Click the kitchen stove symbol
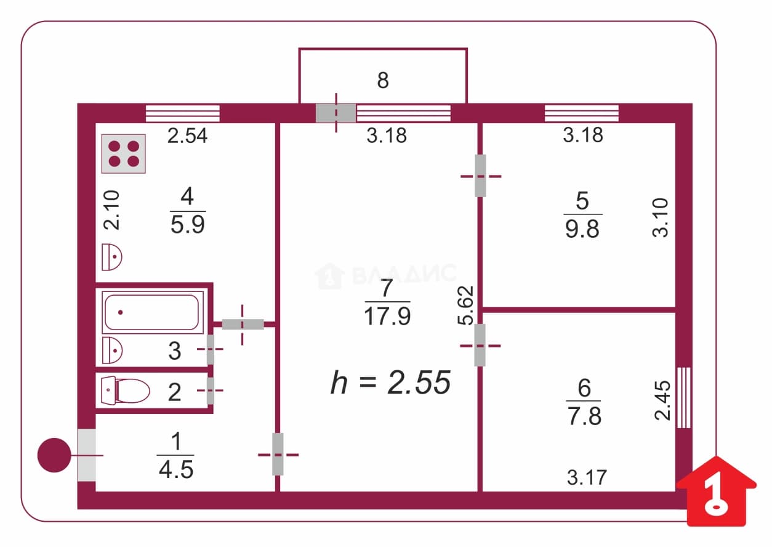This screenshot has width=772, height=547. [x=123, y=154]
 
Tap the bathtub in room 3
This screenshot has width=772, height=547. [x=152, y=312]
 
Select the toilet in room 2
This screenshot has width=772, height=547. [x=126, y=391]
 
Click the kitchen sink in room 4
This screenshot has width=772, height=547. [x=111, y=257]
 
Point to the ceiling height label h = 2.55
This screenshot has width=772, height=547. [x=390, y=382]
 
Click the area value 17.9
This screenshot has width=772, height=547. [x=387, y=316]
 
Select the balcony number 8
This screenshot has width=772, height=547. [x=383, y=80]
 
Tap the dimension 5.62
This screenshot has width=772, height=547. [x=465, y=306]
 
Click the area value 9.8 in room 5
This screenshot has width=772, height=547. [x=582, y=229]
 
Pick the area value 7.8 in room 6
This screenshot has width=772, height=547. [x=584, y=416]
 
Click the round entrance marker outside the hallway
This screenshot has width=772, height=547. [x=54, y=455]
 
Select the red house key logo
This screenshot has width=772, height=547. [x=716, y=492]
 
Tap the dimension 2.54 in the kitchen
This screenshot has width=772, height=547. [x=188, y=136]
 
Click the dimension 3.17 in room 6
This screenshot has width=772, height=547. [x=587, y=477]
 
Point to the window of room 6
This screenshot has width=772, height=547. [x=684, y=398]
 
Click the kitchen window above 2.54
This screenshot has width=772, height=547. [x=183, y=113]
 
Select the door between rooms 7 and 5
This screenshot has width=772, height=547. [x=480, y=176]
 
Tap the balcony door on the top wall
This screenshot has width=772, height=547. [x=336, y=113]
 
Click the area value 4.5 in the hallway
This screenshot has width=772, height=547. [x=176, y=470]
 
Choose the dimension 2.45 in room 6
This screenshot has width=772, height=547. [x=662, y=400]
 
